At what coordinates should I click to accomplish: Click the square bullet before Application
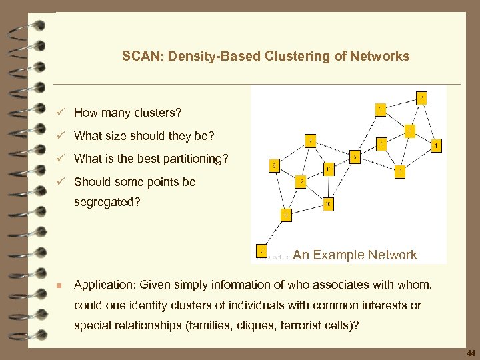[x=59, y=285]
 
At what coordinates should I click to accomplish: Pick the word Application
[x=103, y=285]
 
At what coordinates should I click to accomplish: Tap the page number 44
[x=471, y=353]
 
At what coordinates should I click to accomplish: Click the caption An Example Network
[x=355, y=255]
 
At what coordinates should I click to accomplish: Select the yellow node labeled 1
[x=436, y=145]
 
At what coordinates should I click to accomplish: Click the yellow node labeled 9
[x=285, y=215]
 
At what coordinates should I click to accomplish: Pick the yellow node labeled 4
[x=381, y=143]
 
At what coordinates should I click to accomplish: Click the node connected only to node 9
[x=263, y=252]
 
